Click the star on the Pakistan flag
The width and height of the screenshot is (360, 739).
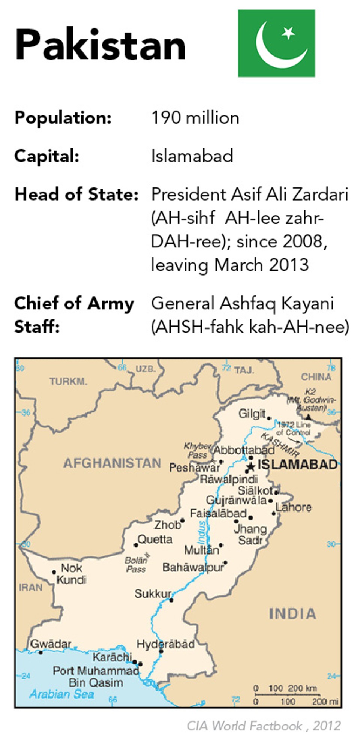(288, 33)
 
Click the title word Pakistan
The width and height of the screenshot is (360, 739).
(100, 45)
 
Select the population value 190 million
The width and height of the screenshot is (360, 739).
(195, 118)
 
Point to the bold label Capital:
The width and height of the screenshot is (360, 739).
(46, 156)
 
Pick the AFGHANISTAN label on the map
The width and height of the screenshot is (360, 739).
(112, 463)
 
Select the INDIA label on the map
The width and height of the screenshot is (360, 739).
(292, 614)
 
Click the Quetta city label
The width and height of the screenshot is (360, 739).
(155, 540)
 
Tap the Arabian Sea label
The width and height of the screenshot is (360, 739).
(62, 694)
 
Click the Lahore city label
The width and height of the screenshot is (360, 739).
(294, 507)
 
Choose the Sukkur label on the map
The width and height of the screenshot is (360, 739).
(153, 594)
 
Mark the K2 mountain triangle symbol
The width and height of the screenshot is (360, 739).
(308, 417)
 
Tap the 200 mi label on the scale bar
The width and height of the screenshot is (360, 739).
(325, 701)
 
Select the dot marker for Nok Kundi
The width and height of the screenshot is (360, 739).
(54, 572)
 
